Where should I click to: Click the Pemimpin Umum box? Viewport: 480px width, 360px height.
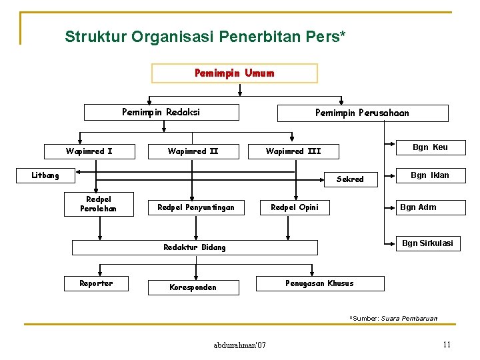coord(235,73)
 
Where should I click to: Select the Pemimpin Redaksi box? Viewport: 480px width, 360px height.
coord(161,112)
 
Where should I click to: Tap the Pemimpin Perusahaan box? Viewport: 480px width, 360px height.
coord(363,113)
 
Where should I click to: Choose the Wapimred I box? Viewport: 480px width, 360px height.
coord(89,151)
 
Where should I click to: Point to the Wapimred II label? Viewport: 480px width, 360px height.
coord(193,151)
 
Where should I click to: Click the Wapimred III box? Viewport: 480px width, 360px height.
coord(293,151)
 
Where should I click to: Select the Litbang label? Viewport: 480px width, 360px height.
coord(46,176)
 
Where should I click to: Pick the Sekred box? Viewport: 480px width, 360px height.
coord(350,179)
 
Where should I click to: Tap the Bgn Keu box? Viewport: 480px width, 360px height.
coord(430,147)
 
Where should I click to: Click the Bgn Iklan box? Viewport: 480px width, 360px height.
coord(430,175)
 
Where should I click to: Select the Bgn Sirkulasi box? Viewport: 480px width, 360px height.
coord(427,243)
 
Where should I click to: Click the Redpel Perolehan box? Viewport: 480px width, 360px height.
coord(99,204)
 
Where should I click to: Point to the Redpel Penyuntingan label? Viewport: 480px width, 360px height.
coord(196,207)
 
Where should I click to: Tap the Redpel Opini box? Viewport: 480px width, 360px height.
coord(295,207)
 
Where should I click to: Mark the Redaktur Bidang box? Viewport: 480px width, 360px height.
coord(195,247)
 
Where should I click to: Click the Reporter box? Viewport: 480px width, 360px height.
coord(97,283)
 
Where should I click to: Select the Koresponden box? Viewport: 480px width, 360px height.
coord(193,287)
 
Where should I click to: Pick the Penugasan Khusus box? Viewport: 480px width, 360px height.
coord(320,283)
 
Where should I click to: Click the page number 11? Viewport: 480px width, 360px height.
coord(447,345)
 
